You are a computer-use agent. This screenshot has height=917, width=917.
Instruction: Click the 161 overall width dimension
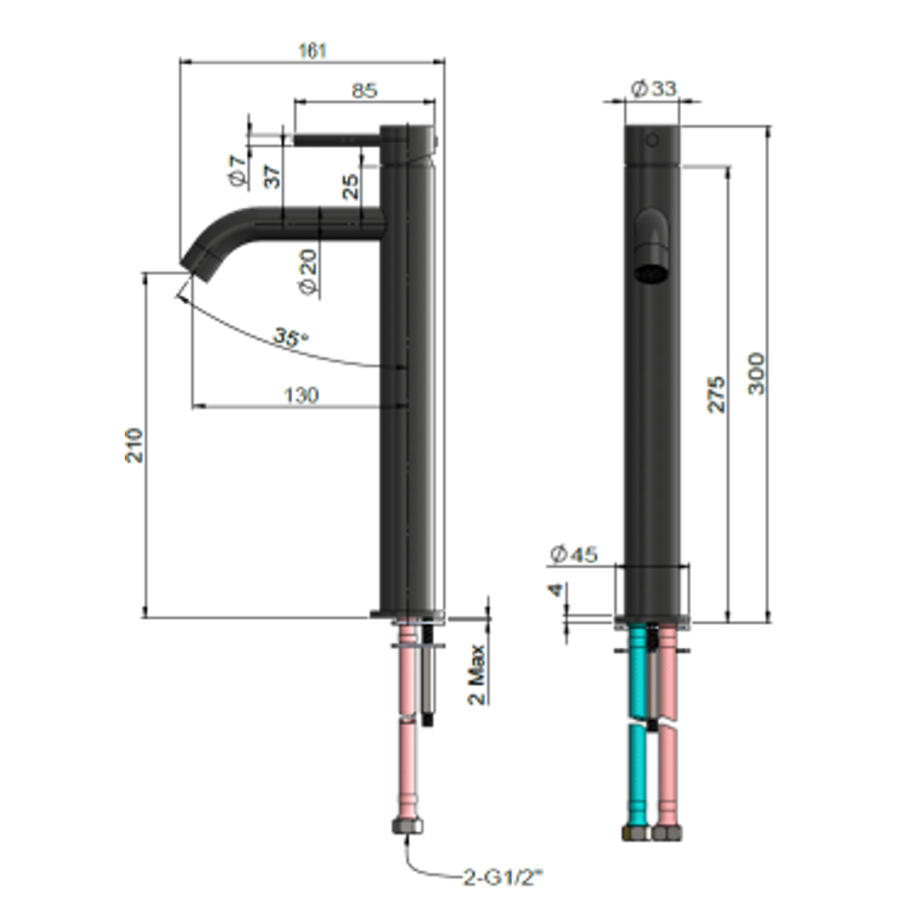312,51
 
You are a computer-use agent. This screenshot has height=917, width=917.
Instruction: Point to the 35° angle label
290,337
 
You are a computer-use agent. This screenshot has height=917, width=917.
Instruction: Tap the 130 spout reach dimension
301,395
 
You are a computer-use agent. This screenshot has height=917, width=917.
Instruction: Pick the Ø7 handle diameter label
238,170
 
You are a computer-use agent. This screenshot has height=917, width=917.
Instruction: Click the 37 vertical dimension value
272,177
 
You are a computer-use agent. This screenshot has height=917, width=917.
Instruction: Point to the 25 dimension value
351,187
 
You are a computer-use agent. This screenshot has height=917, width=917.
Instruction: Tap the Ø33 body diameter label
654,88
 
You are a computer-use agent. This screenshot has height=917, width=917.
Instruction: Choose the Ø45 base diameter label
574,555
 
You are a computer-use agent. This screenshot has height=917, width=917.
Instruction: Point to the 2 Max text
477,674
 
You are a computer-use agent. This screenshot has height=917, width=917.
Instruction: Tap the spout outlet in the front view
650,274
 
